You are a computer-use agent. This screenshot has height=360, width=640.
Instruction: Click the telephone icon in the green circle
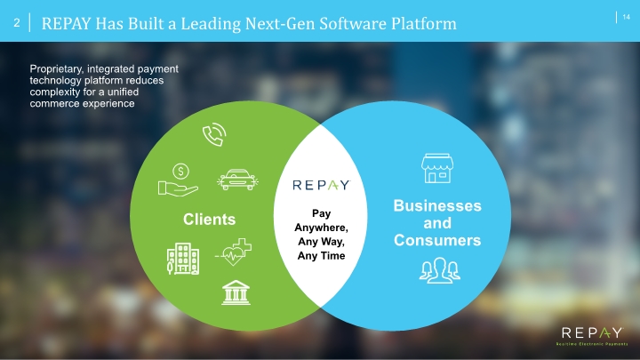click(x=214, y=134)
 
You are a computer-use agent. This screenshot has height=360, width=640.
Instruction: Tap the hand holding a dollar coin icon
click(x=179, y=180)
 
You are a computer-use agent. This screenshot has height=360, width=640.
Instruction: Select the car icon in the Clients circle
click(x=237, y=180)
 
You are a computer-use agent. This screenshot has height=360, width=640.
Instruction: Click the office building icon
click(x=183, y=259)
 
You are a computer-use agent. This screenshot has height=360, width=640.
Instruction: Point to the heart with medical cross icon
click(x=234, y=252)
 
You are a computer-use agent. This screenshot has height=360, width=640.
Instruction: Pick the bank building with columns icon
click(x=236, y=292)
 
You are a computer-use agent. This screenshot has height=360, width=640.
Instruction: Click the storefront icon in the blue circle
click(x=437, y=168)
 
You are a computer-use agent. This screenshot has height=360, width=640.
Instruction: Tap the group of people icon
click(x=440, y=270)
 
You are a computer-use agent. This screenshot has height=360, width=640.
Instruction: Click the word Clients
click(x=210, y=220)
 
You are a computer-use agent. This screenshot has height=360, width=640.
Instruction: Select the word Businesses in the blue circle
click(x=437, y=205)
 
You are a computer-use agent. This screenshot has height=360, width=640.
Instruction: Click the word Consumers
click(x=437, y=240)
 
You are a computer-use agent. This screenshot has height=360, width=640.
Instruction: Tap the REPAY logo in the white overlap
click(x=322, y=185)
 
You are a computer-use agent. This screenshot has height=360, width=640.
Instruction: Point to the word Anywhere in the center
click(x=321, y=228)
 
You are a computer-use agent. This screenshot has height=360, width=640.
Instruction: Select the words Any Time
click(x=321, y=255)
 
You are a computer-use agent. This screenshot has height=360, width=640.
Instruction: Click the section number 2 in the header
click(x=16, y=22)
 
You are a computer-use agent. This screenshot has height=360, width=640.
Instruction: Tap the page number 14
click(x=626, y=17)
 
